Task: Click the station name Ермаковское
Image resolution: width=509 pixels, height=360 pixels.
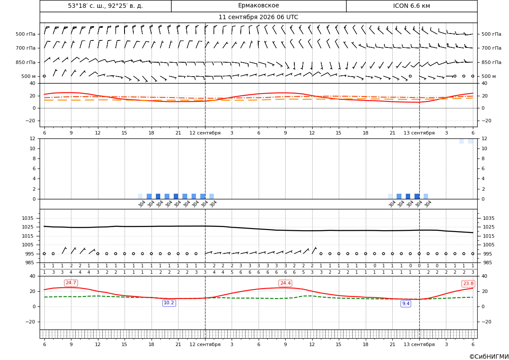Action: (258, 6)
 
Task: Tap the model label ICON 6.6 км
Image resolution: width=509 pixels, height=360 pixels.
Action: (411, 6)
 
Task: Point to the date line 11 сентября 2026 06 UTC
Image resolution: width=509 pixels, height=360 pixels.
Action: (258, 17)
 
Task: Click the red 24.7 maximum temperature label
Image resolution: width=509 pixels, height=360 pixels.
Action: (71, 283)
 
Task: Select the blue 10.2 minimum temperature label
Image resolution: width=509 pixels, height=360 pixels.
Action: (169, 303)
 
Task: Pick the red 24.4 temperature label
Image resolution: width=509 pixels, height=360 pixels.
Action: (285, 283)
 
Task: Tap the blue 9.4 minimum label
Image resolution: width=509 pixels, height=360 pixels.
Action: (406, 303)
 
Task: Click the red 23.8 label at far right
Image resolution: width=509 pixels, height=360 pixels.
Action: (468, 283)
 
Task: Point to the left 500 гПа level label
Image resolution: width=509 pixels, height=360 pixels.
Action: (26, 34)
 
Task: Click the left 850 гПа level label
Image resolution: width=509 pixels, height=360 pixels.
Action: (26, 62)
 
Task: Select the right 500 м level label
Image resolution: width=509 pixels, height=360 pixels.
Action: (489, 76)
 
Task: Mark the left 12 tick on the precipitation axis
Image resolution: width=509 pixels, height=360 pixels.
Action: (33, 138)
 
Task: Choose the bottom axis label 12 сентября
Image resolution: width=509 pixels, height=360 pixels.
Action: (205, 344)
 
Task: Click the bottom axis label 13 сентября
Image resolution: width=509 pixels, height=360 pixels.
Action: (419, 344)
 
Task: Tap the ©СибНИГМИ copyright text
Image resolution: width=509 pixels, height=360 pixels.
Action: (489, 357)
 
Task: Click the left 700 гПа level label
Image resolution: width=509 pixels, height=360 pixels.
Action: (26, 48)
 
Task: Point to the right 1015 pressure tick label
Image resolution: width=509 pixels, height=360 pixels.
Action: (489, 236)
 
